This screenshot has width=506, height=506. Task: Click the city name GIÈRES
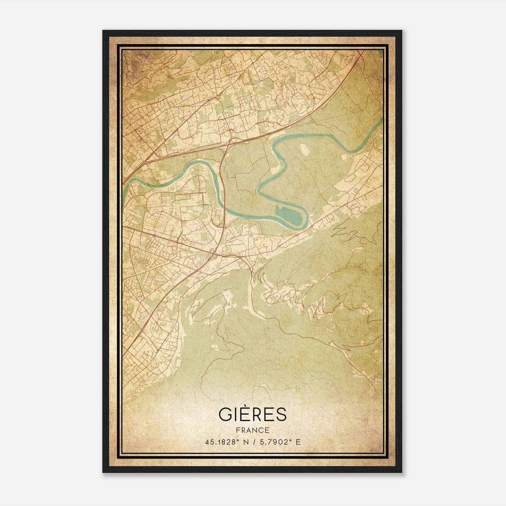point(252,415)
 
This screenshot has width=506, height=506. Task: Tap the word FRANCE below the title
point(252,430)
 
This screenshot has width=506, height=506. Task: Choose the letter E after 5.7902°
point(298,442)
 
